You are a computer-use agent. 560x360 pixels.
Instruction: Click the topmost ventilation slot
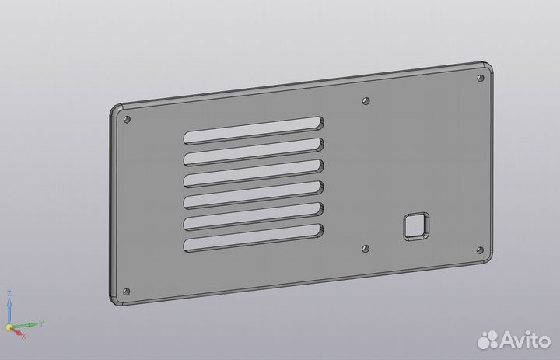coord(254,131)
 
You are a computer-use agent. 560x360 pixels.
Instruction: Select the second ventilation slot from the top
coord(254,152)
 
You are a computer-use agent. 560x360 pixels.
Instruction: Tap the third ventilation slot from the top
coord(254,173)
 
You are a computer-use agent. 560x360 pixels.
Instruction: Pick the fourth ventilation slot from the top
coord(254,195)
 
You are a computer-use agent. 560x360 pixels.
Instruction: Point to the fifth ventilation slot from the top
coord(254,216)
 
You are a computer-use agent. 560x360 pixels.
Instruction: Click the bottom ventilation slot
coord(254,238)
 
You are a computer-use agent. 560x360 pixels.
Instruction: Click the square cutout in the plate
coord(416,226)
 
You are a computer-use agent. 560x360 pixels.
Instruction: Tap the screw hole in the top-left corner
coord(127,119)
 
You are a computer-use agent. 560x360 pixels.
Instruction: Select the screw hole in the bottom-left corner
coord(127,292)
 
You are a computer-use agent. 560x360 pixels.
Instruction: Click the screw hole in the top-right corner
coord(481,78)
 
